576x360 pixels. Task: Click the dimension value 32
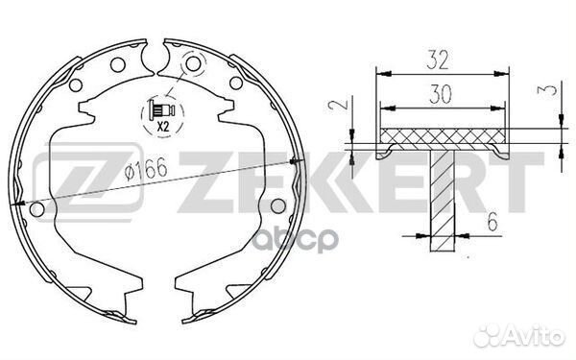coord(438,60)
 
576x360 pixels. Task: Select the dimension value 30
coord(441,94)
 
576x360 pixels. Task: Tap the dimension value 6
coord(492,222)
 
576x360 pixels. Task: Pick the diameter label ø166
coord(146,170)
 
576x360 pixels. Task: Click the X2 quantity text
coord(163,127)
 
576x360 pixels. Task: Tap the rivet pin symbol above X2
coord(161,110)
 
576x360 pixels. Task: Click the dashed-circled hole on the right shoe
coord(194,64)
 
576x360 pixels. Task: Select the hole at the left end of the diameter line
coord(36,209)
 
